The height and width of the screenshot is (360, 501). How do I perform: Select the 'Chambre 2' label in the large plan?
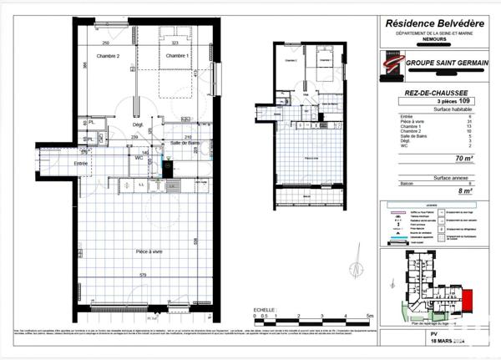click(x=106, y=56)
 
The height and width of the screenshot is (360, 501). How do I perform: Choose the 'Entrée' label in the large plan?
click(x=81, y=164)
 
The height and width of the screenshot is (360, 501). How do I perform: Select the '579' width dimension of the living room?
click(x=144, y=276)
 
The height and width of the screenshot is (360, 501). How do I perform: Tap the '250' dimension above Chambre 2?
click(x=106, y=43)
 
